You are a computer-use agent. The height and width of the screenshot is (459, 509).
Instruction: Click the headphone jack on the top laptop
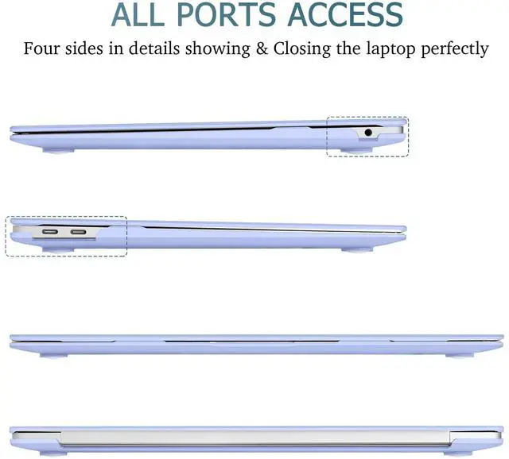367,133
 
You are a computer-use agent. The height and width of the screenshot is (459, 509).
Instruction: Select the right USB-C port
79,233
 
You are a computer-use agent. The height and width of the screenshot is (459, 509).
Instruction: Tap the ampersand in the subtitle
261,48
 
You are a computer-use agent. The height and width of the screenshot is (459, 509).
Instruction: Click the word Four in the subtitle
41,48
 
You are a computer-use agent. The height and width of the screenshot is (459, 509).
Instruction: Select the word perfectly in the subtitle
449,48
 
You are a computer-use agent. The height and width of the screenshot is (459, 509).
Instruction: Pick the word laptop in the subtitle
379,48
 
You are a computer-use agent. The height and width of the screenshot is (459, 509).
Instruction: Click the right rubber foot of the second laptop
358,249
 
